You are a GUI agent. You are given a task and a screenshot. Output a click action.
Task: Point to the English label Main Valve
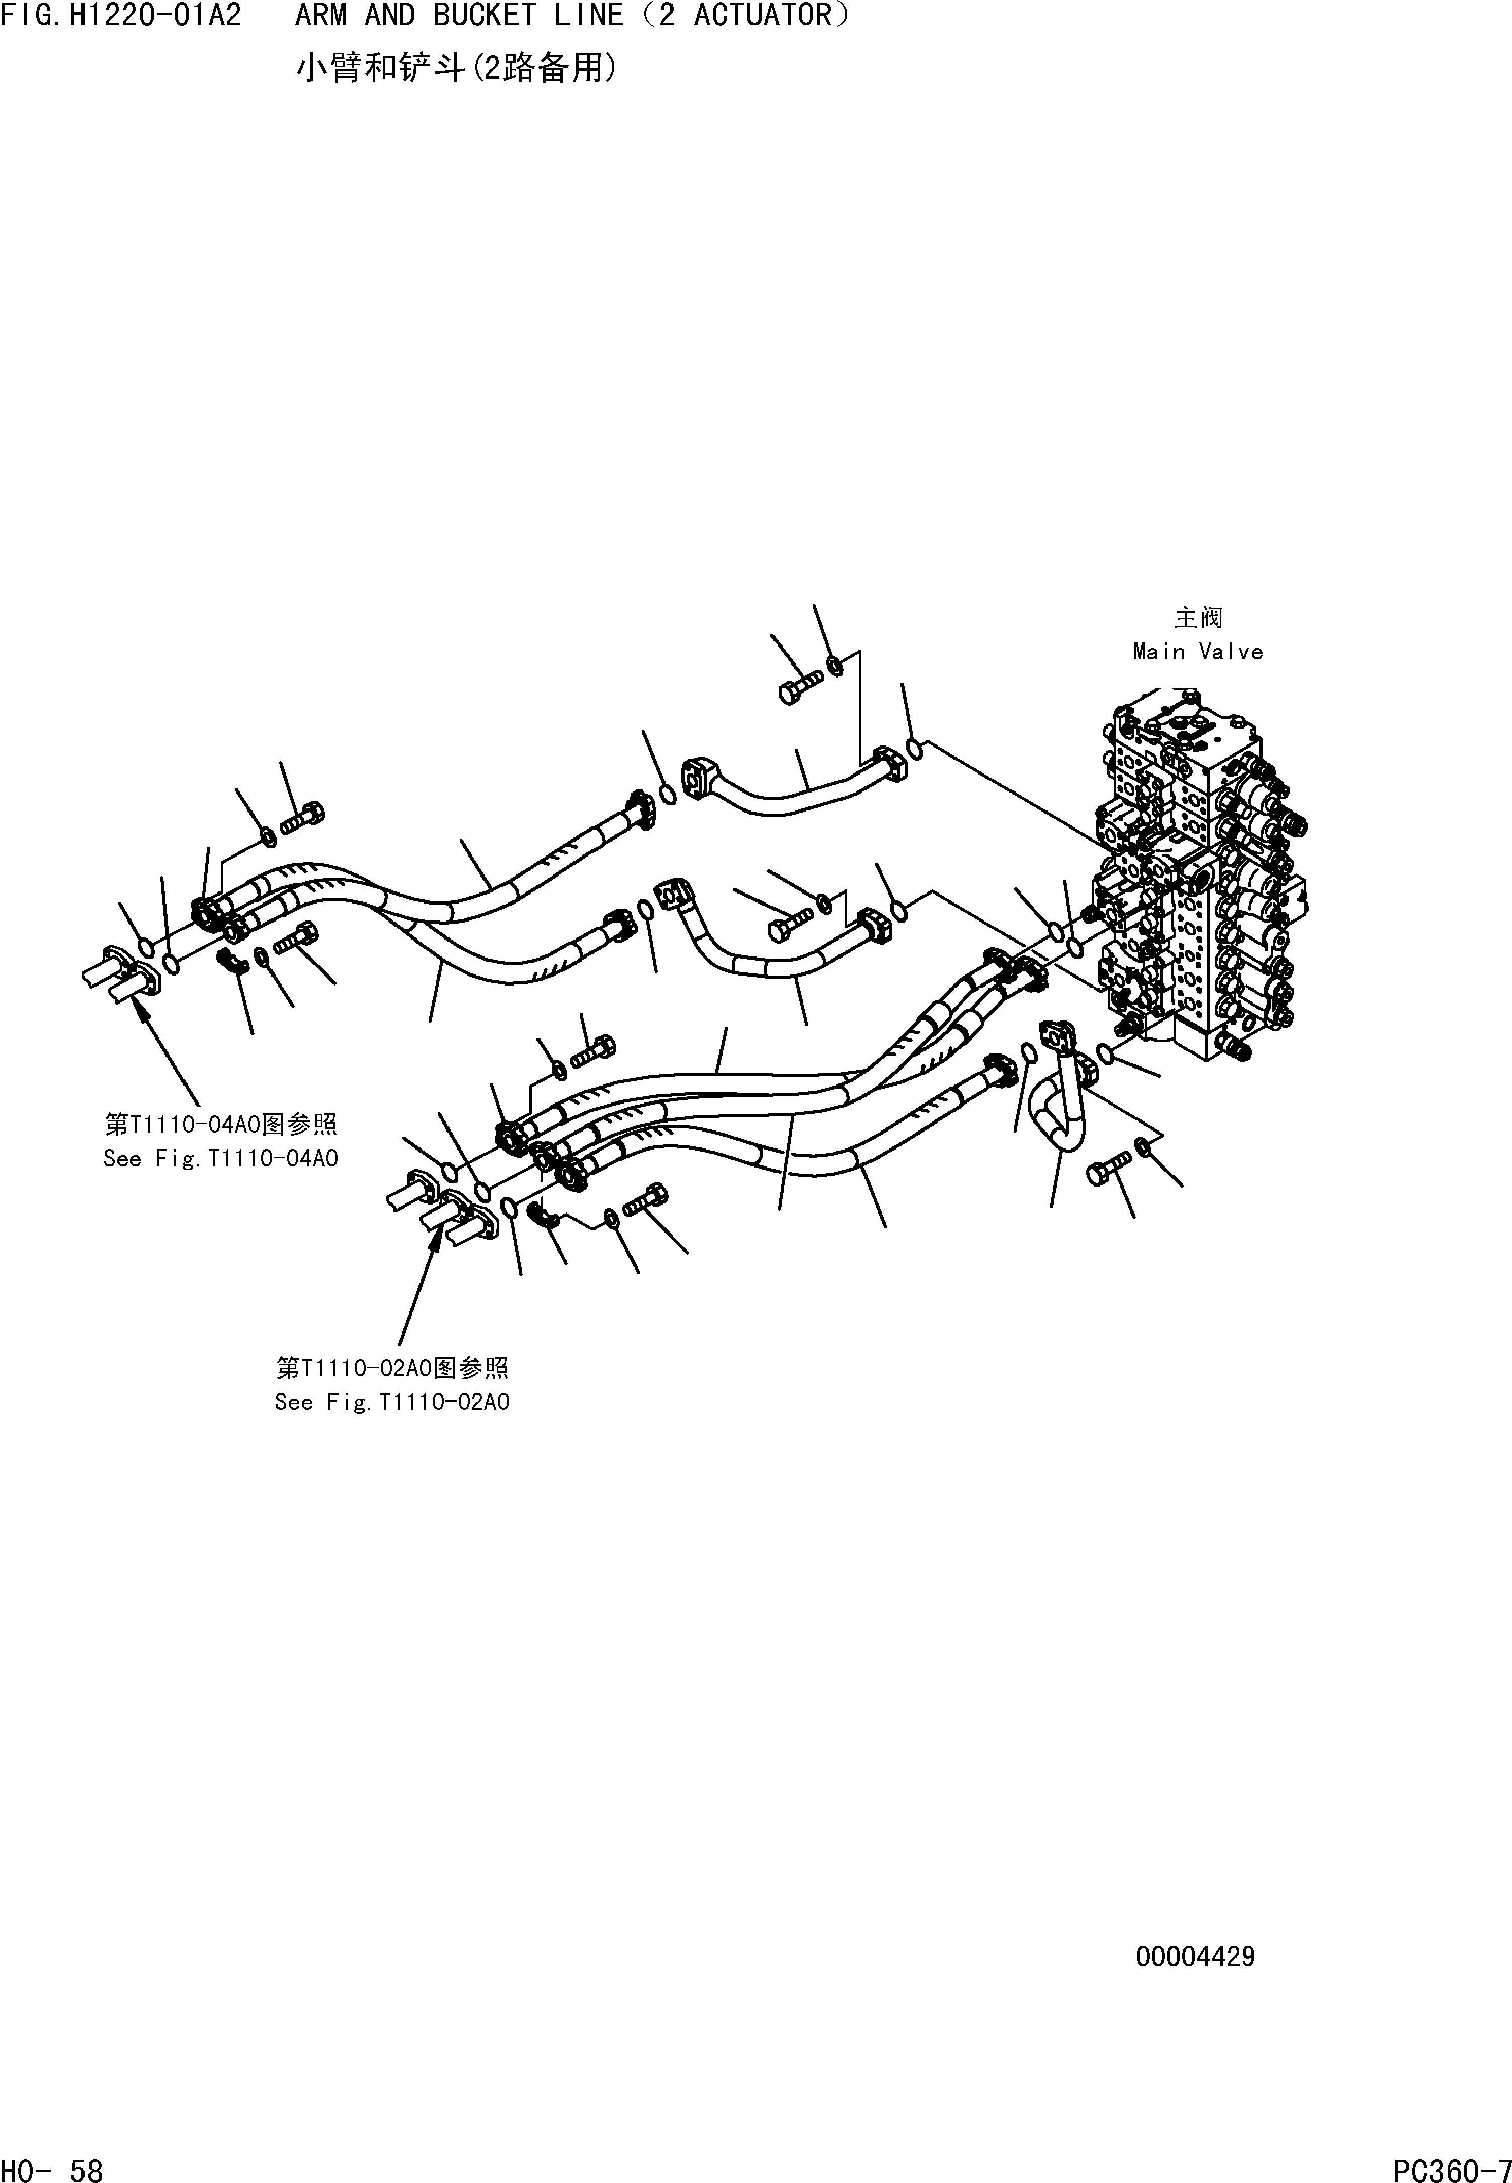click(x=1198, y=652)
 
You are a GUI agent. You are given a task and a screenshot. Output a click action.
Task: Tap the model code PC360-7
click(x=1451, y=2168)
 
